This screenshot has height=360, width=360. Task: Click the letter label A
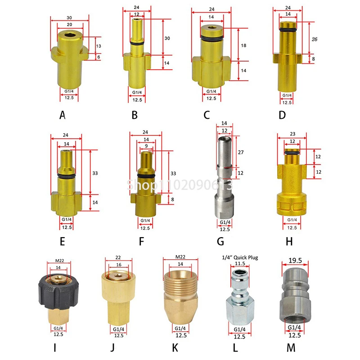point(63,115)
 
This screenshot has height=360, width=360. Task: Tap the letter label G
point(220,242)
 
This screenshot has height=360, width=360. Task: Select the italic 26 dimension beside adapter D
point(315,40)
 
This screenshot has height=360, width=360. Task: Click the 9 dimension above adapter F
point(146,146)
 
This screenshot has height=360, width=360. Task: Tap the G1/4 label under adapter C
point(209,92)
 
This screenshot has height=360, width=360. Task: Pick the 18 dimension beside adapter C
point(243,45)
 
